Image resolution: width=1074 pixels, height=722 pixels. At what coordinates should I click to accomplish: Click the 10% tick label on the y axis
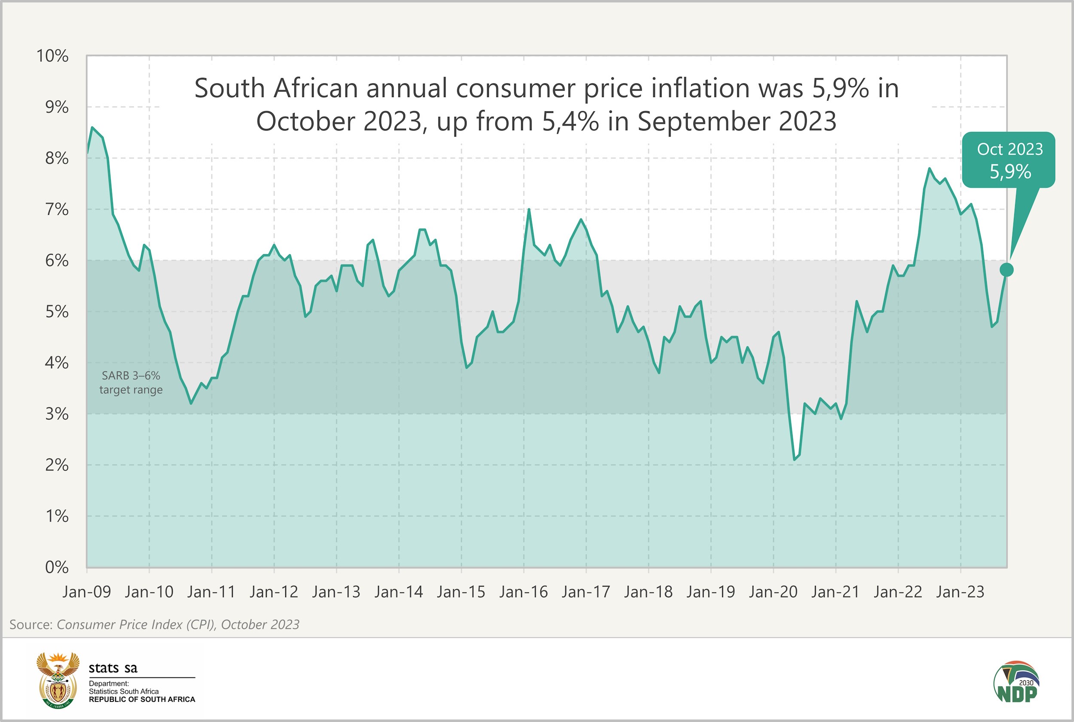tap(52, 56)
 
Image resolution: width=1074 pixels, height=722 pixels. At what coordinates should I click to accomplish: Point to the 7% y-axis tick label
tap(56, 210)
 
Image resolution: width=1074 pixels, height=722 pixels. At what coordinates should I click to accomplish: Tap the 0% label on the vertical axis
tap(56, 567)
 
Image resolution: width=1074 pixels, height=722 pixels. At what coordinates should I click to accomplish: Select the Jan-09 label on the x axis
tap(87, 592)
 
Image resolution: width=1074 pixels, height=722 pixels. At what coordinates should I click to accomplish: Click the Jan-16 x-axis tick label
tap(523, 592)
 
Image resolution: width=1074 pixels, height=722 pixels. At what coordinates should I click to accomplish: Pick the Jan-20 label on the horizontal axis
tap(773, 592)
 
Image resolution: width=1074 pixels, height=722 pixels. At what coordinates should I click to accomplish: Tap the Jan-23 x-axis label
tap(960, 592)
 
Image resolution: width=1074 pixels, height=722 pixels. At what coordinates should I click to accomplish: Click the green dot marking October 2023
tap(1006, 270)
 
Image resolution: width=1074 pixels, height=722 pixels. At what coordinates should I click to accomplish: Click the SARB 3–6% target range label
tap(131, 383)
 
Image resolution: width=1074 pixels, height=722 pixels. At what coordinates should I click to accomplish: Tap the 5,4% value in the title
tap(570, 122)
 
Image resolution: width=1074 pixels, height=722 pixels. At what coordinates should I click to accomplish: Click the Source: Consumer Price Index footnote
tap(154, 625)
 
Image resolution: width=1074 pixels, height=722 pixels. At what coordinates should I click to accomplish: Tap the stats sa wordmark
tap(113, 667)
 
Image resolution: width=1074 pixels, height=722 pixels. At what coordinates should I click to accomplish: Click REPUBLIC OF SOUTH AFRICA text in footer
tap(142, 699)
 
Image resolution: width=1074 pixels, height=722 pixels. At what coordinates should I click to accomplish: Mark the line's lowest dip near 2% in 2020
tap(794, 460)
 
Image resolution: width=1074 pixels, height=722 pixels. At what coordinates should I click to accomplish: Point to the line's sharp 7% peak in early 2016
tap(528, 210)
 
